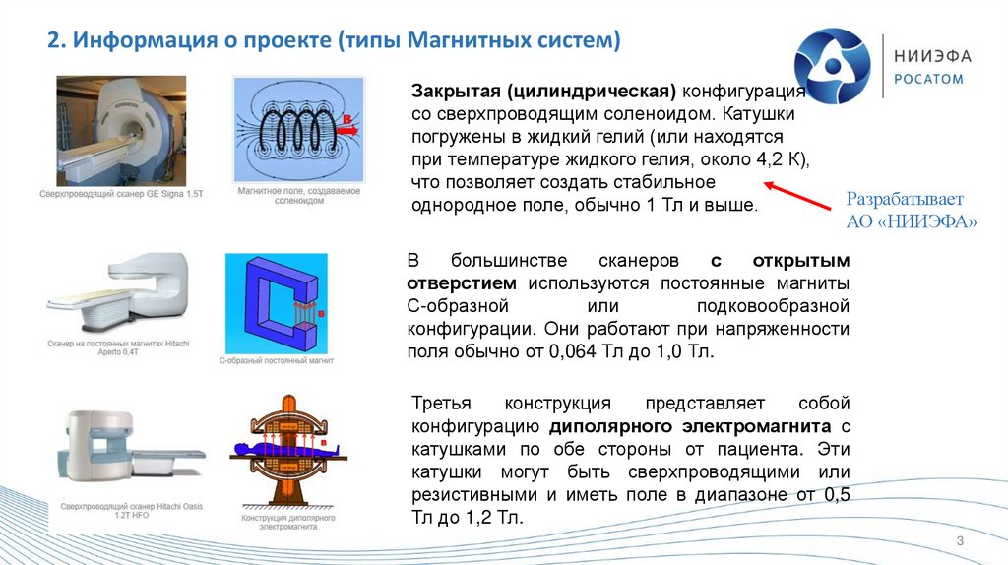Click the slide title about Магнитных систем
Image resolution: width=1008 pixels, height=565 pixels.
(x=336, y=42)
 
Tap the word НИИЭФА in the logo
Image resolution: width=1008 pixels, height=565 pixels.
(x=931, y=57)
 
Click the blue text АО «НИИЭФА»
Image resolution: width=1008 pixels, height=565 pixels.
(x=911, y=222)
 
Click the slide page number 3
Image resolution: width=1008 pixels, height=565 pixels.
(x=959, y=542)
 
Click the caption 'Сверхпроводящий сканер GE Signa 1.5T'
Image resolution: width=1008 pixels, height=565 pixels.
(x=121, y=196)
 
